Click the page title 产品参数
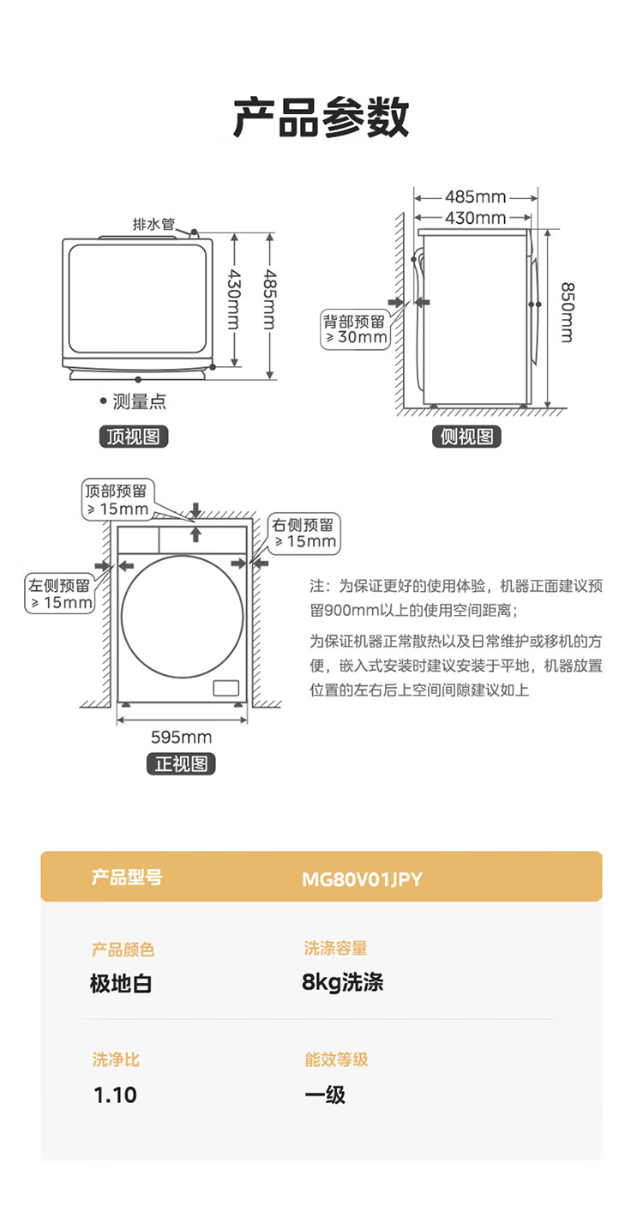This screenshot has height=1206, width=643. pyautogui.click(x=321, y=118)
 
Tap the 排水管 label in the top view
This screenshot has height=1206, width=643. pyautogui.click(x=153, y=225)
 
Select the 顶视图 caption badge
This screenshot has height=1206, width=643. pyautogui.click(x=133, y=437)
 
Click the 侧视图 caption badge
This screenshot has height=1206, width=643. pyautogui.click(x=466, y=437)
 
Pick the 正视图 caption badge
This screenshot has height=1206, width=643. pyautogui.click(x=181, y=763)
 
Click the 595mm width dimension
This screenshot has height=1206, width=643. pyautogui.click(x=181, y=737)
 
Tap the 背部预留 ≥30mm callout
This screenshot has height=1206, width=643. pyautogui.click(x=355, y=329)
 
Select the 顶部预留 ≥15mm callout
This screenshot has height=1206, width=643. pyautogui.click(x=117, y=500)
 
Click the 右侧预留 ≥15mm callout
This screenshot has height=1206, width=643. pyautogui.click(x=304, y=534)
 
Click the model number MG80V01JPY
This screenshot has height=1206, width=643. pyautogui.click(x=362, y=879)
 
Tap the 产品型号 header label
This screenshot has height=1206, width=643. pyautogui.click(x=127, y=877)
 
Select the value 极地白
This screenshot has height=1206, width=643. pyautogui.click(x=121, y=983)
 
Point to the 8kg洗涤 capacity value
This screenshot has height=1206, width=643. pyautogui.click(x=343, y=982)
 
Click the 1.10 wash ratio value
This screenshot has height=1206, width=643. pyautogui.click(x=115, y=1095)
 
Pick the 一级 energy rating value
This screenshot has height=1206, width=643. pyautogui.click(x=325, y=1095)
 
